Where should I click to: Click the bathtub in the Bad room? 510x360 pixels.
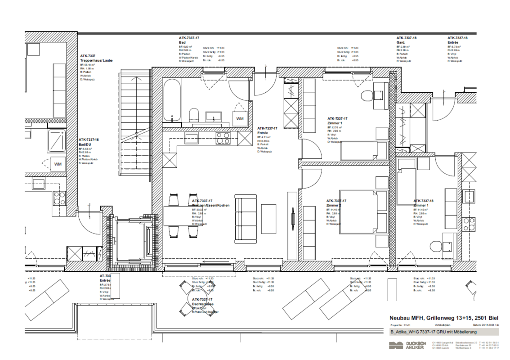(171, 100)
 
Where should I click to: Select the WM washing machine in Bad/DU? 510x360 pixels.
(58, 164)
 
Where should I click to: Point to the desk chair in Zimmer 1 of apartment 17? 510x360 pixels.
(367, 96)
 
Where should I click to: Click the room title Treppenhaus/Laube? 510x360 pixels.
(96, 60)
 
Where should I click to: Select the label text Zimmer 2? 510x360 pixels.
(334, 205)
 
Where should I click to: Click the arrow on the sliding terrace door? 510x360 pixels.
(218, 261)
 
